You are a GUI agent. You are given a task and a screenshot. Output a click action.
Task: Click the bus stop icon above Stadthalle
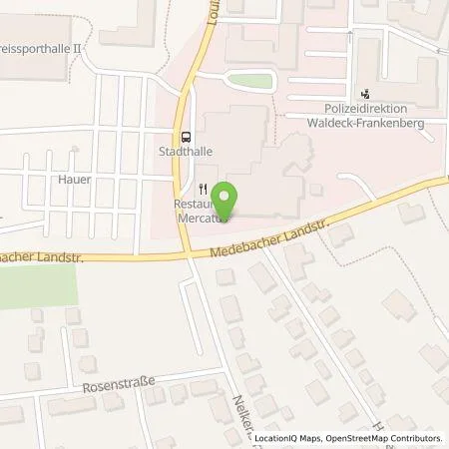(x=186, y=138)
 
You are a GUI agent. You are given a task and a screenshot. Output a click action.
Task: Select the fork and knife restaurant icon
(x=204, y=186)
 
